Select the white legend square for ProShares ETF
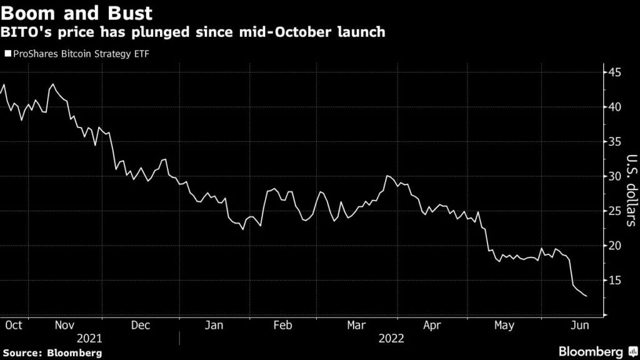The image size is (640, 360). coord(7,54)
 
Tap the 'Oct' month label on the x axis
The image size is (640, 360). coord(13,325)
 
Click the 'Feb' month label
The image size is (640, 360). coord(282,325)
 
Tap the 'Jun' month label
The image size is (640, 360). coord(577,325)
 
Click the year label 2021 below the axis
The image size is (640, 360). coord(89,339)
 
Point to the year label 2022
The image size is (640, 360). coord(391,339)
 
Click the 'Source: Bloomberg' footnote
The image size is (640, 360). coord(51,353)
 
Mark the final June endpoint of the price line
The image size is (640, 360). coord(586,296)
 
